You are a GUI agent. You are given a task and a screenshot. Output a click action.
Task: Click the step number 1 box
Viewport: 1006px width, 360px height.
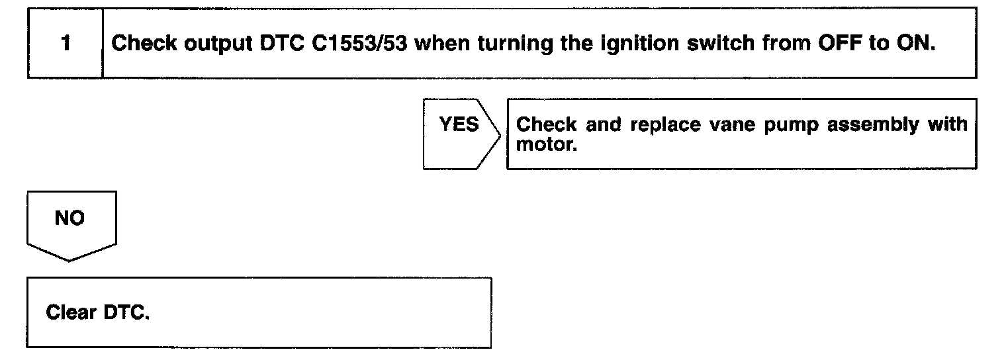65,44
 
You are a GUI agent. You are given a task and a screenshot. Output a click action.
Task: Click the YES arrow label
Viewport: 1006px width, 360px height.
459,125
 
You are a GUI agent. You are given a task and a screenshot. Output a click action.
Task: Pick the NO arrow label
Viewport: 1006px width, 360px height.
70,219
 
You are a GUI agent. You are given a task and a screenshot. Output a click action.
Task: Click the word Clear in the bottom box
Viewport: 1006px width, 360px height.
71,312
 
